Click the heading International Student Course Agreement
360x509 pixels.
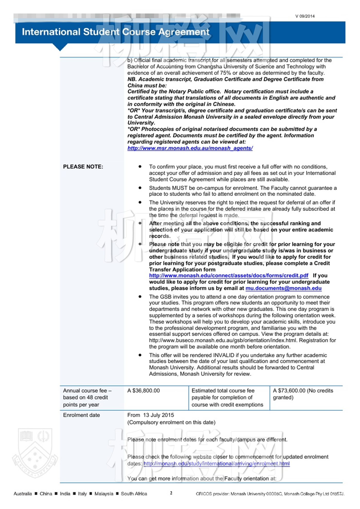(x=115, y=32)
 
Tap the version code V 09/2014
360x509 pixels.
(x=305, y=16)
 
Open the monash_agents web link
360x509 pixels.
(x=190, y=148)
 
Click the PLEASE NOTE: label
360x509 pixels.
(x=83, y=167)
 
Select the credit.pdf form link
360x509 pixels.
(x=229, y=276)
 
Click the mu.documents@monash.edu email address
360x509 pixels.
(x=283, y=288)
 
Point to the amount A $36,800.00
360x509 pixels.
(x=143, y=390)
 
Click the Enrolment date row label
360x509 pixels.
(x=82, y=415)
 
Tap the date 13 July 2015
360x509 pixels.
(x=158, y=415)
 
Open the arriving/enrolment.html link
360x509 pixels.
(x=217, y=463)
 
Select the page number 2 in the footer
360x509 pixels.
(x=171, y=493)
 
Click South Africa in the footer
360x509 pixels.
(x=134, y=494)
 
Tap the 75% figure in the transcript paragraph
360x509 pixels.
(x=225, y=73)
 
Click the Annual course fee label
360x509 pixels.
(x=87, y=390)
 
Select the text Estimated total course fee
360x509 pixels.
(x=223, y=390)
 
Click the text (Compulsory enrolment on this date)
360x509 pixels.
(x=171, y=422)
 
